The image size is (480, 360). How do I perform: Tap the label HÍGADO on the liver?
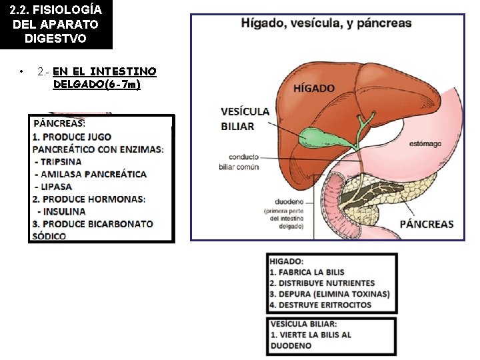pos(314,89)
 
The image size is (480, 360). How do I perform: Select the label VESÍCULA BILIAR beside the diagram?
pos(245,119)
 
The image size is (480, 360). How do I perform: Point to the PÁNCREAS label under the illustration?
pos(427,224)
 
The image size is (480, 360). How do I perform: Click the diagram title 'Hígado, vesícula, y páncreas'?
pos(326,23)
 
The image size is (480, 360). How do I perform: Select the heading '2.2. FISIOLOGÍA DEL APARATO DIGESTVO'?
pos(56,25)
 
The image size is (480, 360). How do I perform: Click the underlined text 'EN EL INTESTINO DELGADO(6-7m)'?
pos(104,78)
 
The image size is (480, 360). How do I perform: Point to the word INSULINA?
pos(65,211)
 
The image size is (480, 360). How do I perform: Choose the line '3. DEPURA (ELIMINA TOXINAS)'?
pos(329,294)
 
